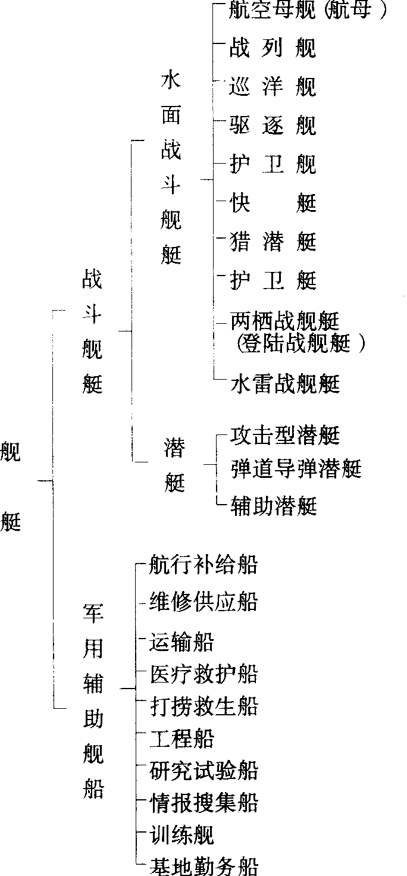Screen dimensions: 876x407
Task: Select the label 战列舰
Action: [x=273, y=49]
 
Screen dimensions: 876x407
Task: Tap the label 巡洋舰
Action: [x=273, y=87]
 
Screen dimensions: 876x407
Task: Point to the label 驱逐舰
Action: [x=273, y=126]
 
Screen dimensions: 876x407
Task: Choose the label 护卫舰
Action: [x=273, y=165]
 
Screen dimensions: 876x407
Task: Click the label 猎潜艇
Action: [x=273, y=242]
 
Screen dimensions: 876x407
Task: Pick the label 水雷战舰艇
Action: [x=285, y=384]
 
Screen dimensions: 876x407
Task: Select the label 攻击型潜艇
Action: [x=285, y=436]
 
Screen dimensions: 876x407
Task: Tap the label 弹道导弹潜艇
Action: [x=296, y=470]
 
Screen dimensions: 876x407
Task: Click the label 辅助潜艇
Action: [x=274, y=506]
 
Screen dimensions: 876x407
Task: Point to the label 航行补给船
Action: [x=204, y=565]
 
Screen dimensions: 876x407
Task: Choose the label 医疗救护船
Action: [x=204, y=675]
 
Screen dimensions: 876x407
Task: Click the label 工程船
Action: [x=181, y=739]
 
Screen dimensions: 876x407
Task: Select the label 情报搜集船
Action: [x=204, y=803]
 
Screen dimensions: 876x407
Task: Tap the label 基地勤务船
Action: [x=204, y=866]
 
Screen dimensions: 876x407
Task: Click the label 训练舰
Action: [x=181, y=834]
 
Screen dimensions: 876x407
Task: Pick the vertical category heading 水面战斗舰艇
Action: [x=171, y=170]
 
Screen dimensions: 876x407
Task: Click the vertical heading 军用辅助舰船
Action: [x=93, y=703]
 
